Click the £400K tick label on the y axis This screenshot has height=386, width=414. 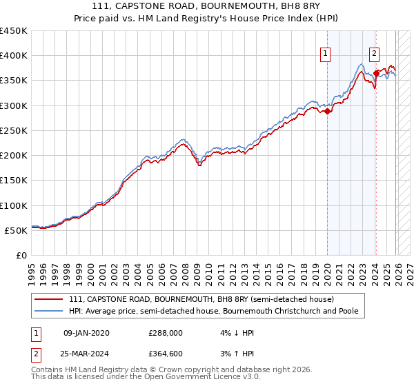(14, 56)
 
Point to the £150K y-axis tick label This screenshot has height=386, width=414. (14, 181)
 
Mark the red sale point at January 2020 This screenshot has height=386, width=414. (327, 112)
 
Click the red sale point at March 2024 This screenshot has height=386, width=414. (376, 73)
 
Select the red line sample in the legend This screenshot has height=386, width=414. (49, 299)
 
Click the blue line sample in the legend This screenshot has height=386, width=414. (49, 311)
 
